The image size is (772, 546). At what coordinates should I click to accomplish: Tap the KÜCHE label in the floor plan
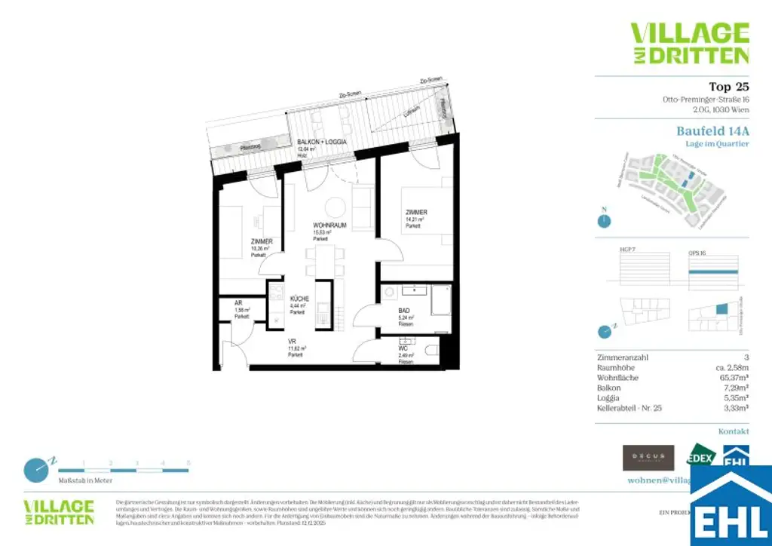click(300, 299)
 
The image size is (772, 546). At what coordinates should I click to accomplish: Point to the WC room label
click(403, 348)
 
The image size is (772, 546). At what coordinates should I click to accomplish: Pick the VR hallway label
click(291, 342)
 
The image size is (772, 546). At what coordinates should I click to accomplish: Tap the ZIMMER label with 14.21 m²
click(415, 213)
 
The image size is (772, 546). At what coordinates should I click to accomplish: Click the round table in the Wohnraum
click(335, 205)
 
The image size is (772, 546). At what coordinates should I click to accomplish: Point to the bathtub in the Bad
click(440, 300)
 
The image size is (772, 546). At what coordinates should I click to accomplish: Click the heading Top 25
click(728, 86)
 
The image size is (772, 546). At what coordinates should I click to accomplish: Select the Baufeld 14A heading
click(712, 130)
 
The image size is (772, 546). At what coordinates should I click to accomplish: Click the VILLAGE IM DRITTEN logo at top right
click(689, 43)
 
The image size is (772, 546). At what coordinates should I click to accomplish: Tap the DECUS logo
click(648, 457)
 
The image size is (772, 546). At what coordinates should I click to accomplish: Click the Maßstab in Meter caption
click(85, 480)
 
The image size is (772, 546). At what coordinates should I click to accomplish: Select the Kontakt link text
click(734, 431)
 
